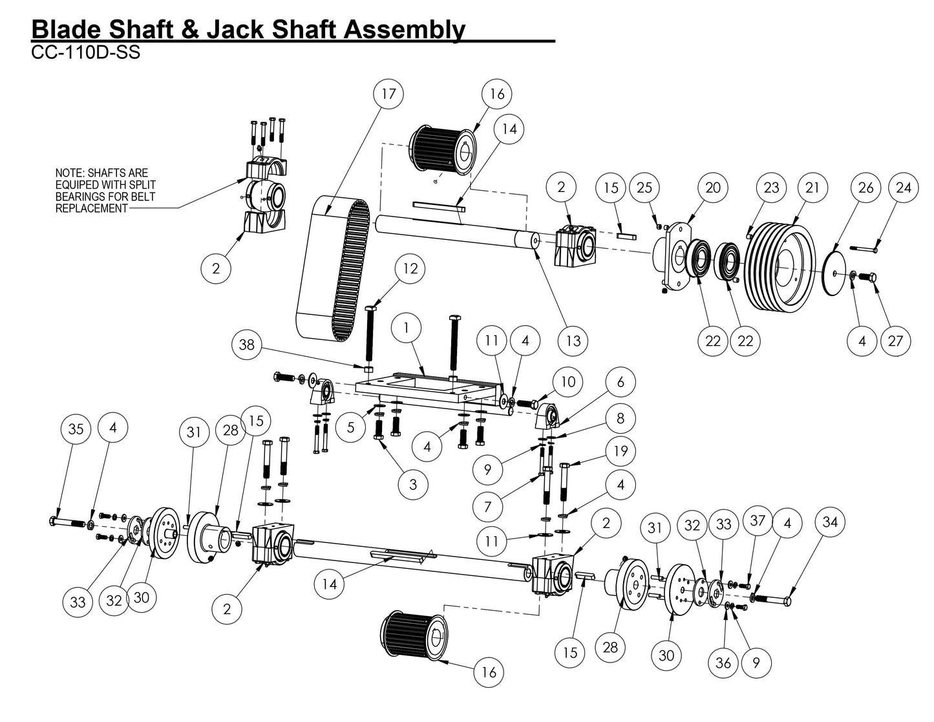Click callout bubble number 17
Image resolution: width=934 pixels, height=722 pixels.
[x=388, y=94]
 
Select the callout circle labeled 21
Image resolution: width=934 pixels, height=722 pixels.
[x=812, y=187]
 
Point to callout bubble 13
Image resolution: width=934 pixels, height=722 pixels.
[x=573, y=340]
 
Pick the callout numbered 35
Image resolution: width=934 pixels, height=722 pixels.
[x=76, y=429]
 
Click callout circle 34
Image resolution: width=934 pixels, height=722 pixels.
[x=830, y=521]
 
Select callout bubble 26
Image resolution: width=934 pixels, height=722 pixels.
[x=865, y=187]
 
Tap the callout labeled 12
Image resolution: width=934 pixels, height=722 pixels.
[x=410, y=268]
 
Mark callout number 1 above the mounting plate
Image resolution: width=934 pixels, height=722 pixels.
[x=407, y=328]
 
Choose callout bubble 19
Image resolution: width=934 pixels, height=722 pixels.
[x=621, y=451]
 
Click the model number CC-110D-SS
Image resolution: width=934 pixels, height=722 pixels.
[x=85, y=53]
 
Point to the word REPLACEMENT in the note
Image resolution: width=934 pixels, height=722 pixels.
[x=91, y=208]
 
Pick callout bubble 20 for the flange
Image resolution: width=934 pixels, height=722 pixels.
[x=712, y=187]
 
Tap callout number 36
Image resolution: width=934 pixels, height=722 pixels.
[x=723, y=663]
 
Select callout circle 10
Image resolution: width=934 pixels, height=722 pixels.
[x=567, y=382]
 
